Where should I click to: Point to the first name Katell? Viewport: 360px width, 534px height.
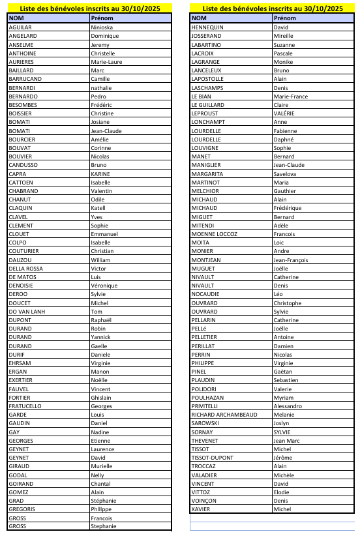click(x=98, y=208)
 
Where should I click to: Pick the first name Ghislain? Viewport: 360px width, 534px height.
click(x=101, y=398)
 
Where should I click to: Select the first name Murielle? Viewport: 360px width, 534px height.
click(x=102, y=466)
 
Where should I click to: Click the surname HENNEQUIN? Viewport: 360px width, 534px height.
click(x=207, y=27)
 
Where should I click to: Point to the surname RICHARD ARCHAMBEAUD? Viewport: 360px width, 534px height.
click(x=224, y=415)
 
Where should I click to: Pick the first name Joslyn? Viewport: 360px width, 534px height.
click(x=282, y=423)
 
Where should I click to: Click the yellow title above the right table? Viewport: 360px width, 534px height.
click(x=273, y=8)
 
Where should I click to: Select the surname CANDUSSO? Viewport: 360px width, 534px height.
click(x=23, y=165)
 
